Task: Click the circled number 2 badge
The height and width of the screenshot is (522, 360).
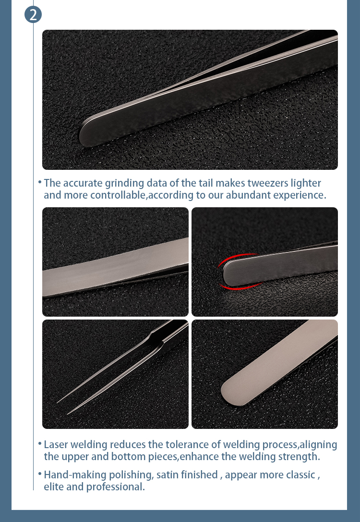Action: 33,14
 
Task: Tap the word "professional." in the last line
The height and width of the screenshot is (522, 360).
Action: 115,487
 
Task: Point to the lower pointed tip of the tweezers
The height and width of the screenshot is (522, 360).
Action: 69,413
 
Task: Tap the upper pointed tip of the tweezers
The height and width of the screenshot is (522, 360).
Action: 58,402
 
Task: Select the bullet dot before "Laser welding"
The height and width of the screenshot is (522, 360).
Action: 39,444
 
